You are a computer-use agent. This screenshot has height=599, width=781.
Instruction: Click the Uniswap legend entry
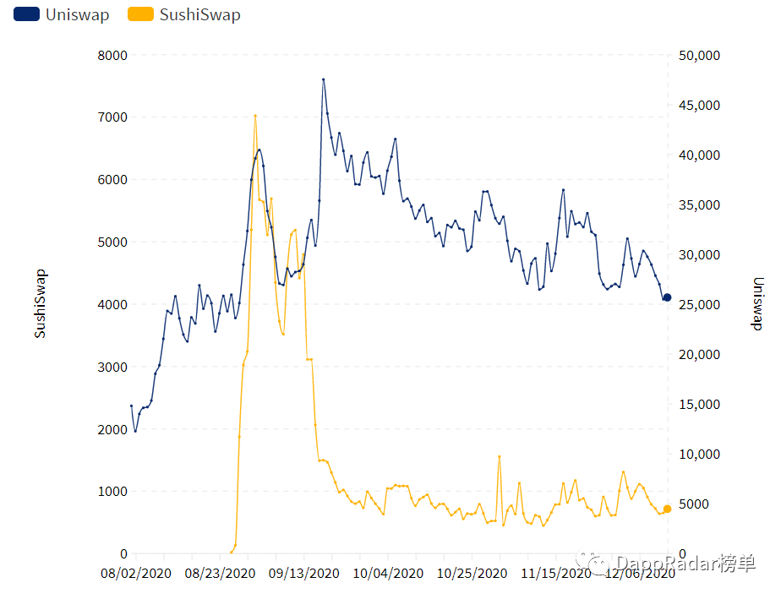pos(62,14)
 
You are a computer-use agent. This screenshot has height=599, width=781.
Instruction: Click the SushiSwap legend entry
pos(183,14)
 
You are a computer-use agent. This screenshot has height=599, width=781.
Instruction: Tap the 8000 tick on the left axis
pos(112,55)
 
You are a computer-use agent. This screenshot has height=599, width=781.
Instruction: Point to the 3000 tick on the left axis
pos(112,367)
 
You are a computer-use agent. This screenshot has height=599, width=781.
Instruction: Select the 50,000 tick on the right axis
pos(699,55)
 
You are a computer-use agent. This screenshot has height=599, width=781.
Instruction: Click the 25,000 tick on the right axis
pos(699,304)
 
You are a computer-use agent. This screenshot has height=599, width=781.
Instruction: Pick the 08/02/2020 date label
pos(136,573)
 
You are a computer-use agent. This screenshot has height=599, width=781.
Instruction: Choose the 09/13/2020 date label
pos(303,573)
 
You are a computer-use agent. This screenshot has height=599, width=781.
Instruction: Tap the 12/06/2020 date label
pos(639,573)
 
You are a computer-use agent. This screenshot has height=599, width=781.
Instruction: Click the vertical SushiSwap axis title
pos(40,304)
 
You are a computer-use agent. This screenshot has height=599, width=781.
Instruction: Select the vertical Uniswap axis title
pos(758,304)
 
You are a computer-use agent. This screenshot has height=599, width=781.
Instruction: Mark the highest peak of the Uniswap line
pos(323,79)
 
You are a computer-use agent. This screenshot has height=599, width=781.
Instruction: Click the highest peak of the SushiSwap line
pos(255,116)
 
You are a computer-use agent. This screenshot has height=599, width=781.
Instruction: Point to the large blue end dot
pos(667,297)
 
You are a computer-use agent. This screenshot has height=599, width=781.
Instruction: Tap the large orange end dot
pos(667,509)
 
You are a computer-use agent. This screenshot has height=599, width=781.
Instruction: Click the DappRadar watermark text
pos(676,563)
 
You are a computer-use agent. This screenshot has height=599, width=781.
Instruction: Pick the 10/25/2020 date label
pos(471,573)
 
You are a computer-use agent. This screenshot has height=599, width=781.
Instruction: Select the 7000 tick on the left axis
pos(112,117)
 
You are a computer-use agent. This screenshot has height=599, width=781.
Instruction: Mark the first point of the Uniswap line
pos(131,406)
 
